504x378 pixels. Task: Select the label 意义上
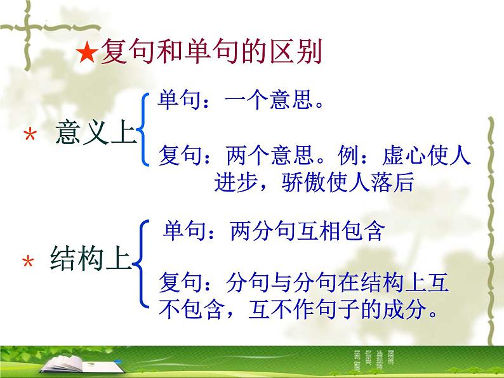(x=96, y=133)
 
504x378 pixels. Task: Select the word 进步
(x=234, y=183)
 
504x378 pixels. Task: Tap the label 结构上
(x=90, y=260)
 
